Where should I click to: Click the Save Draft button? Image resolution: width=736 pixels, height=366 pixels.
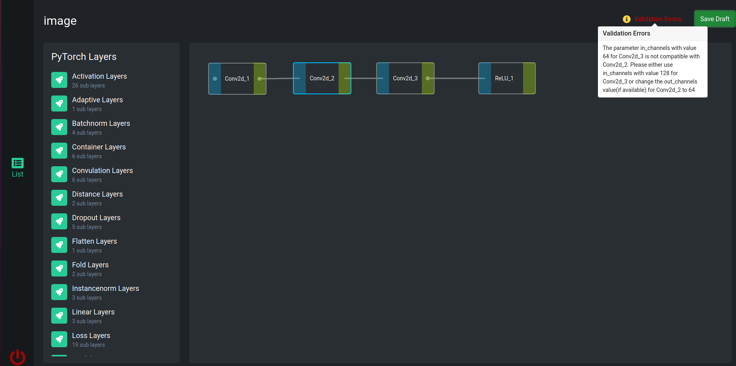(x=714, y=19)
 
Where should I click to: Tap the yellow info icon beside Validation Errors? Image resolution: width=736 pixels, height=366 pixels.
(x=627, y=19)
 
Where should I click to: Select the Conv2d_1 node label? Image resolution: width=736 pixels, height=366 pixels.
(x=237, y=79)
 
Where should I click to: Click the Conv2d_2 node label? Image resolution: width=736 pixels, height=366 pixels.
(x=322, y=78)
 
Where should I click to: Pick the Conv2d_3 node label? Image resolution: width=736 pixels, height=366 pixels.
(x=405, y=78)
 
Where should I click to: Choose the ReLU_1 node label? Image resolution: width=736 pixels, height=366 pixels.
(x=504, y=78)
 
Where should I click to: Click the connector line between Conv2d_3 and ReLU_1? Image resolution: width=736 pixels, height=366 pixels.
(x=457, y=78)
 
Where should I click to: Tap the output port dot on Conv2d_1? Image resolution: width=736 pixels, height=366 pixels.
(x=260, y=79)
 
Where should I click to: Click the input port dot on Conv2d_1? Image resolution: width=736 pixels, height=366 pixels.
(x=215, y=79)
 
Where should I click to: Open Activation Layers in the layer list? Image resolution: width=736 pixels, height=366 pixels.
(x=99, y=76)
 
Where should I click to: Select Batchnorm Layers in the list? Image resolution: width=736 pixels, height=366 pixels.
(x=101, y=123)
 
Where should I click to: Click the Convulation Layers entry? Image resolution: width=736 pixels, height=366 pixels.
(x=102, y=171)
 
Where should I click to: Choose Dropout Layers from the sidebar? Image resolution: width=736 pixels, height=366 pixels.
(x=96, y=218)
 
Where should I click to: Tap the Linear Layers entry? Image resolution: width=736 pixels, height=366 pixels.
(x=93, y=312)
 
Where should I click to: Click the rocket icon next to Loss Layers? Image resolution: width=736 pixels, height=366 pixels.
(x=59, y=339)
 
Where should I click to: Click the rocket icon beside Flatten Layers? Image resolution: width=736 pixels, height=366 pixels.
(x=59, y=245)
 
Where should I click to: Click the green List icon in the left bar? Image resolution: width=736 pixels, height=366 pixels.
(x=18, y=163)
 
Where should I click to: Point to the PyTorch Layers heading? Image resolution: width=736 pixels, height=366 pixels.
(x=84, y=57)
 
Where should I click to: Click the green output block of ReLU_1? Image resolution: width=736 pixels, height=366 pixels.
(x=529, y=78)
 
